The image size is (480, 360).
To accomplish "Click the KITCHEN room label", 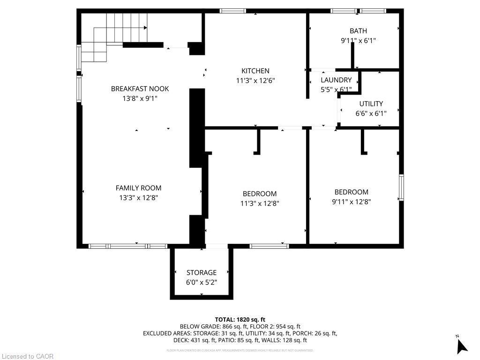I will [x=255, y=71].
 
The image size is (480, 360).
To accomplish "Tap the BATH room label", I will [x=358, y=31].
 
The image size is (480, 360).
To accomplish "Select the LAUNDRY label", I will [x=336, y=80].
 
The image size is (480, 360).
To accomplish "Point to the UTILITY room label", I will [x=371, y=104].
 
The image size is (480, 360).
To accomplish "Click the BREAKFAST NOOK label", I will [x=140, y=89].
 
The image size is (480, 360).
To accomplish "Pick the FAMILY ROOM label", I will [x=138, y=188].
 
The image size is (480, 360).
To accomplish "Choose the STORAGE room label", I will [x=202, y=272].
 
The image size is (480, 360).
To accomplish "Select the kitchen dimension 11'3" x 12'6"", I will [x=255, y=81].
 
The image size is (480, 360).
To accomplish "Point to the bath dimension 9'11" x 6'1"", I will [x=358, y=41].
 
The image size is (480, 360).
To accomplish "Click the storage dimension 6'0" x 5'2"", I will [x=202, y=282].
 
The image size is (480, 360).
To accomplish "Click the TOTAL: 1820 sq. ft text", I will [x=240, y=319].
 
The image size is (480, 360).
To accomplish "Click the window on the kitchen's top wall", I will [x=233, y=11].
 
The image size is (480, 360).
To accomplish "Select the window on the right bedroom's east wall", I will [x=401, y=187].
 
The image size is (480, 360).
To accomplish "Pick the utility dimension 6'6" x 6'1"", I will [x=371, y=113].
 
